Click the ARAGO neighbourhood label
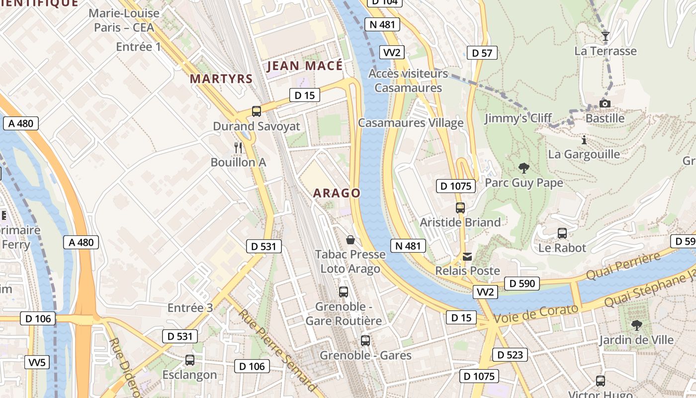click(337, 193)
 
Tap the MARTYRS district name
click(221, 79)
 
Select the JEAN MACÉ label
click(305, 66)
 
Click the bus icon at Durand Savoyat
click(257, 111)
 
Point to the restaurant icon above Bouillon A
click(239, 147)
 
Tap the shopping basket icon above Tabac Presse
click(350, 240)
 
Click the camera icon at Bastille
click(605, 103)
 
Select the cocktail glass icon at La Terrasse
click(605, 36)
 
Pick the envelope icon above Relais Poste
click(467, 257)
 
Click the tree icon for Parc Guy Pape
click(523, 168)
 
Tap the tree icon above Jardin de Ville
click(636, 325)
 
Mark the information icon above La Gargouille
click(584, 140)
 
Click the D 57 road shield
click(482, 53)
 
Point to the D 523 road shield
click(510, 355)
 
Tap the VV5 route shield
click(37, 362)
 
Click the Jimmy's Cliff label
click(518, 118)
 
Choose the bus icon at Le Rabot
click(562, 233)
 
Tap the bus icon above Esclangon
click(190, 360)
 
